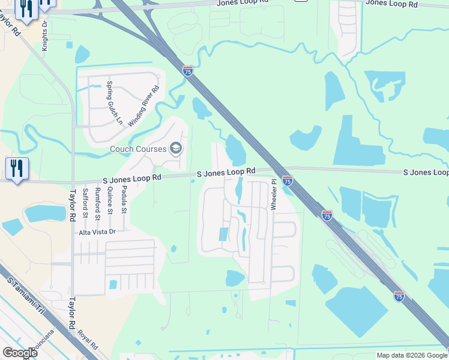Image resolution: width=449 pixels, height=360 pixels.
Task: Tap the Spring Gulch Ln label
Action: click(115, 103)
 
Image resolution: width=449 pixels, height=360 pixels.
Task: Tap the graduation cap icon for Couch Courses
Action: click(176, 148)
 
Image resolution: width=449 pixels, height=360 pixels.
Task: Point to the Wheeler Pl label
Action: click(274, 193)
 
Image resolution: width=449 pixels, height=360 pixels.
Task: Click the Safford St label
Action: click(86, 202)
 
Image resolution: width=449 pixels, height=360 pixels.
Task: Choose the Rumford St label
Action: click(97, 202)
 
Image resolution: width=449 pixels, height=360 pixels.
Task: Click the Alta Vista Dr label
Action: click(96, 231)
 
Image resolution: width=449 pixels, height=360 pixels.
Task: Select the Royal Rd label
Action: click(88, 339)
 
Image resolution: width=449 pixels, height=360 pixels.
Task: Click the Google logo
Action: click(20, 353)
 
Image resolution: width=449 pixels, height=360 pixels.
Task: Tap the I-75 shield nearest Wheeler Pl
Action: click(288, 180)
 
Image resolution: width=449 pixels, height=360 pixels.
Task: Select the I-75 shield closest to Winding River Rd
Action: click(188, 71)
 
